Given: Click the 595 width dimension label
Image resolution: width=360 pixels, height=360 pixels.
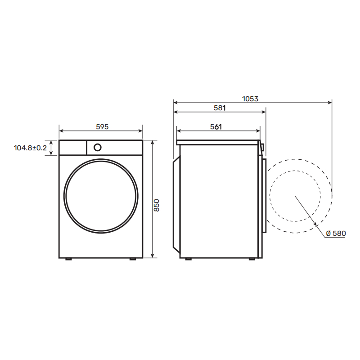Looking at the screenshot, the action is click(x=102, y=126).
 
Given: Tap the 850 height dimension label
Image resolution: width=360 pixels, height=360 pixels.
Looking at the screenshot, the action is click(x=156, y=206).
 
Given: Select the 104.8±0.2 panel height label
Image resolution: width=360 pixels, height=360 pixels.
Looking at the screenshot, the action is click(x=30, y=148).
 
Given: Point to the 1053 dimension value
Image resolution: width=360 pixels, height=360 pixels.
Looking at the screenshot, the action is click(x=250, y=99).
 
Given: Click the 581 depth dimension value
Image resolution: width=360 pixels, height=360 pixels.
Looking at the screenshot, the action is click(x=220, y=108).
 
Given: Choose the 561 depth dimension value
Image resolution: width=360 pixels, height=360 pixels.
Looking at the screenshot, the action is click(x=216, y=126).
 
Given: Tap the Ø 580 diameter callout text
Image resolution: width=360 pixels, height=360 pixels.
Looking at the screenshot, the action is click(x=336, y=233).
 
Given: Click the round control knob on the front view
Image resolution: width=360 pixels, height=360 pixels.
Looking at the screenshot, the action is click(x=98, y=148).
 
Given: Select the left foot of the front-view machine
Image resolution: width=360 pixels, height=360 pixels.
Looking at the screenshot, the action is click(x=69, y=259).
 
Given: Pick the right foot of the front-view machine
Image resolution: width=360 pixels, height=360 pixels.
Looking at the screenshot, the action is click(x=133, y=259).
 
